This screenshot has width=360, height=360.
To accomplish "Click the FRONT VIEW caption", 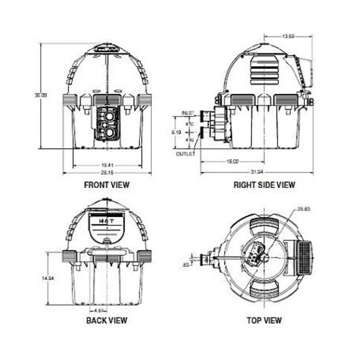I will tap(107, 185).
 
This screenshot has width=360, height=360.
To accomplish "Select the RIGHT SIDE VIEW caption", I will tap(264, 185).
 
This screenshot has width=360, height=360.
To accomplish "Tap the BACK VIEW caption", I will tap(107, 320).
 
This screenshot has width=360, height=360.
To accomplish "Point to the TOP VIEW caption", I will tap(264, 320).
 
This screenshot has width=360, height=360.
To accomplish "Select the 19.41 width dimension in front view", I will tap(107, 164).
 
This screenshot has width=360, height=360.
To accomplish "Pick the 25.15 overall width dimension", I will tap(107, 173).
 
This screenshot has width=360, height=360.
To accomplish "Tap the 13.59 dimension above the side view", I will tap(288, 36).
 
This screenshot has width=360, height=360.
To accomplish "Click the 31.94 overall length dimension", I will tap(256, 173).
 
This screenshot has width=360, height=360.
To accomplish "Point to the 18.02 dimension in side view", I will tap(233, 162).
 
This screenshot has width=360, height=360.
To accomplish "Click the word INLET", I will tap(188, 113).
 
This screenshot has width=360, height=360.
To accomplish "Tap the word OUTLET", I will tap(185, 154).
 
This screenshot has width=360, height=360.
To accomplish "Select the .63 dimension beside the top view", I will tap(185, 264).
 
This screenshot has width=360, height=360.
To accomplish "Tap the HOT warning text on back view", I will tap(107, 220).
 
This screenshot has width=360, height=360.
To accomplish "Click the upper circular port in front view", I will tap(109, 116).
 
